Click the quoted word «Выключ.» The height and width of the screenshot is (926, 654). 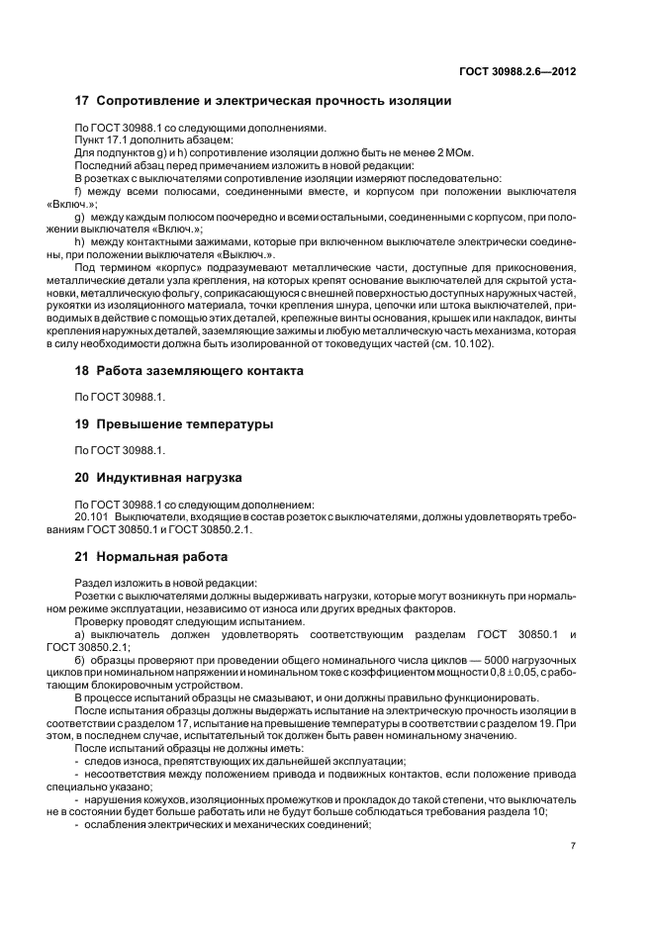248,254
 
